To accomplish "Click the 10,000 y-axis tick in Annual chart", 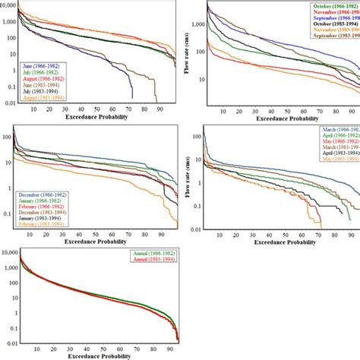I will point(8,257).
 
